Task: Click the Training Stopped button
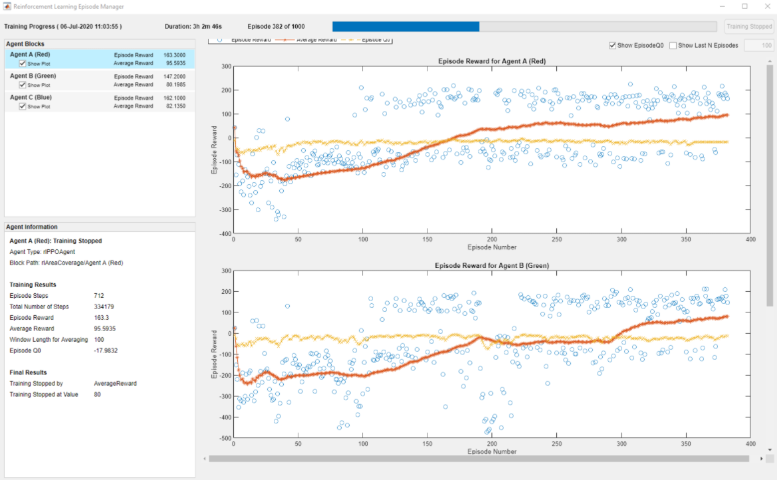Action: click(749, 27)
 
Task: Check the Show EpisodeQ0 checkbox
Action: click(613, 46)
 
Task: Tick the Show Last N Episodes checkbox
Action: click(673, 46)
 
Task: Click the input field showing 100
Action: click(758, 46)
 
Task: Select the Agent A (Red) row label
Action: click(30, 55)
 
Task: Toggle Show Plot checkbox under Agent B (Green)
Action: click(23, 85)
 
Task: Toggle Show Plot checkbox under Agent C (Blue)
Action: click(23, 106)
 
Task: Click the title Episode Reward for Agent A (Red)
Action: click(492, 61)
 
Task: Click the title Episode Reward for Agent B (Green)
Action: click(492, 265)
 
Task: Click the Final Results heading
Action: click(28, 372)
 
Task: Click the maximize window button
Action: click(744, 6)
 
